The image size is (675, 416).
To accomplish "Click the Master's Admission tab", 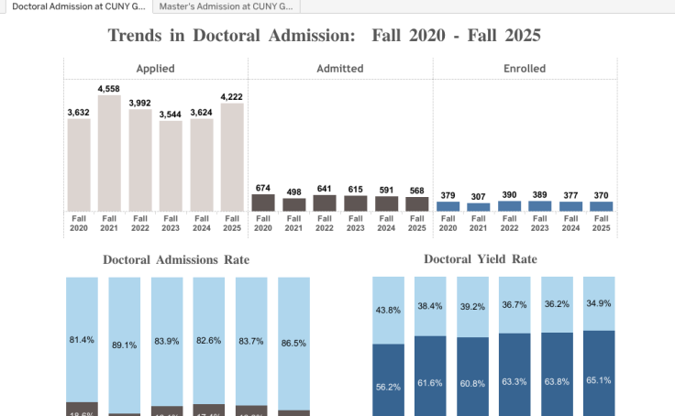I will (x=226, y=6).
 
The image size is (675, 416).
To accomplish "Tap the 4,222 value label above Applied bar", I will (x=232, y=95).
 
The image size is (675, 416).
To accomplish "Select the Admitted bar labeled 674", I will (x=263, y=203).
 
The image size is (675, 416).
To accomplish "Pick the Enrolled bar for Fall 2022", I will (x=509, y=206).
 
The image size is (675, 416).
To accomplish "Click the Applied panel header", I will (x=155, y=69).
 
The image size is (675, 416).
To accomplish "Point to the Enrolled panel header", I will (x=525, y=69).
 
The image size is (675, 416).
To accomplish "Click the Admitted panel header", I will (x=339, y=69).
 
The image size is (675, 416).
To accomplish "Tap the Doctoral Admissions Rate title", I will (x=176, y=260).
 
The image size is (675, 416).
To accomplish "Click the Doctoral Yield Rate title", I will (x=493, y=259).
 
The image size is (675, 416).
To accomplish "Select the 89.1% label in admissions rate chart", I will (x=125, y=345).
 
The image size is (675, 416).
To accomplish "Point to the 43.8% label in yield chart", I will (x=388, y=311).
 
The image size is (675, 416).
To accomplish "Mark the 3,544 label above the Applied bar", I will (x=171, y=114).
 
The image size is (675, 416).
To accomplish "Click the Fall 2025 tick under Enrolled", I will (x=601, y=224).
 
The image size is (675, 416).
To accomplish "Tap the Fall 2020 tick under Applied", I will (x=79, y=224).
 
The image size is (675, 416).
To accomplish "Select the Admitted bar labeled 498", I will (x=294, y=205).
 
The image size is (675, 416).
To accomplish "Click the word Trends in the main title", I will (x=138, y=36).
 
